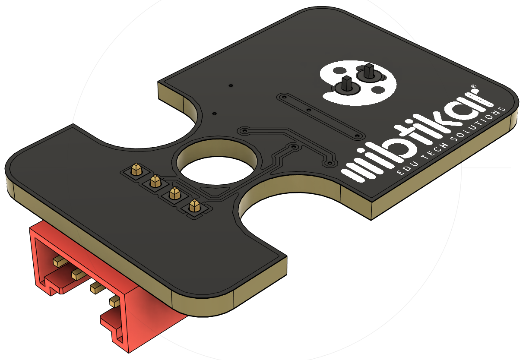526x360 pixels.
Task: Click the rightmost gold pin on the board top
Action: click(x=194, y=206)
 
